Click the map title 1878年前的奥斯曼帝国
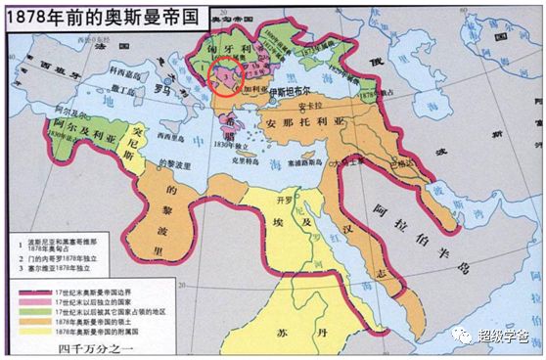tap(93, 15)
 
